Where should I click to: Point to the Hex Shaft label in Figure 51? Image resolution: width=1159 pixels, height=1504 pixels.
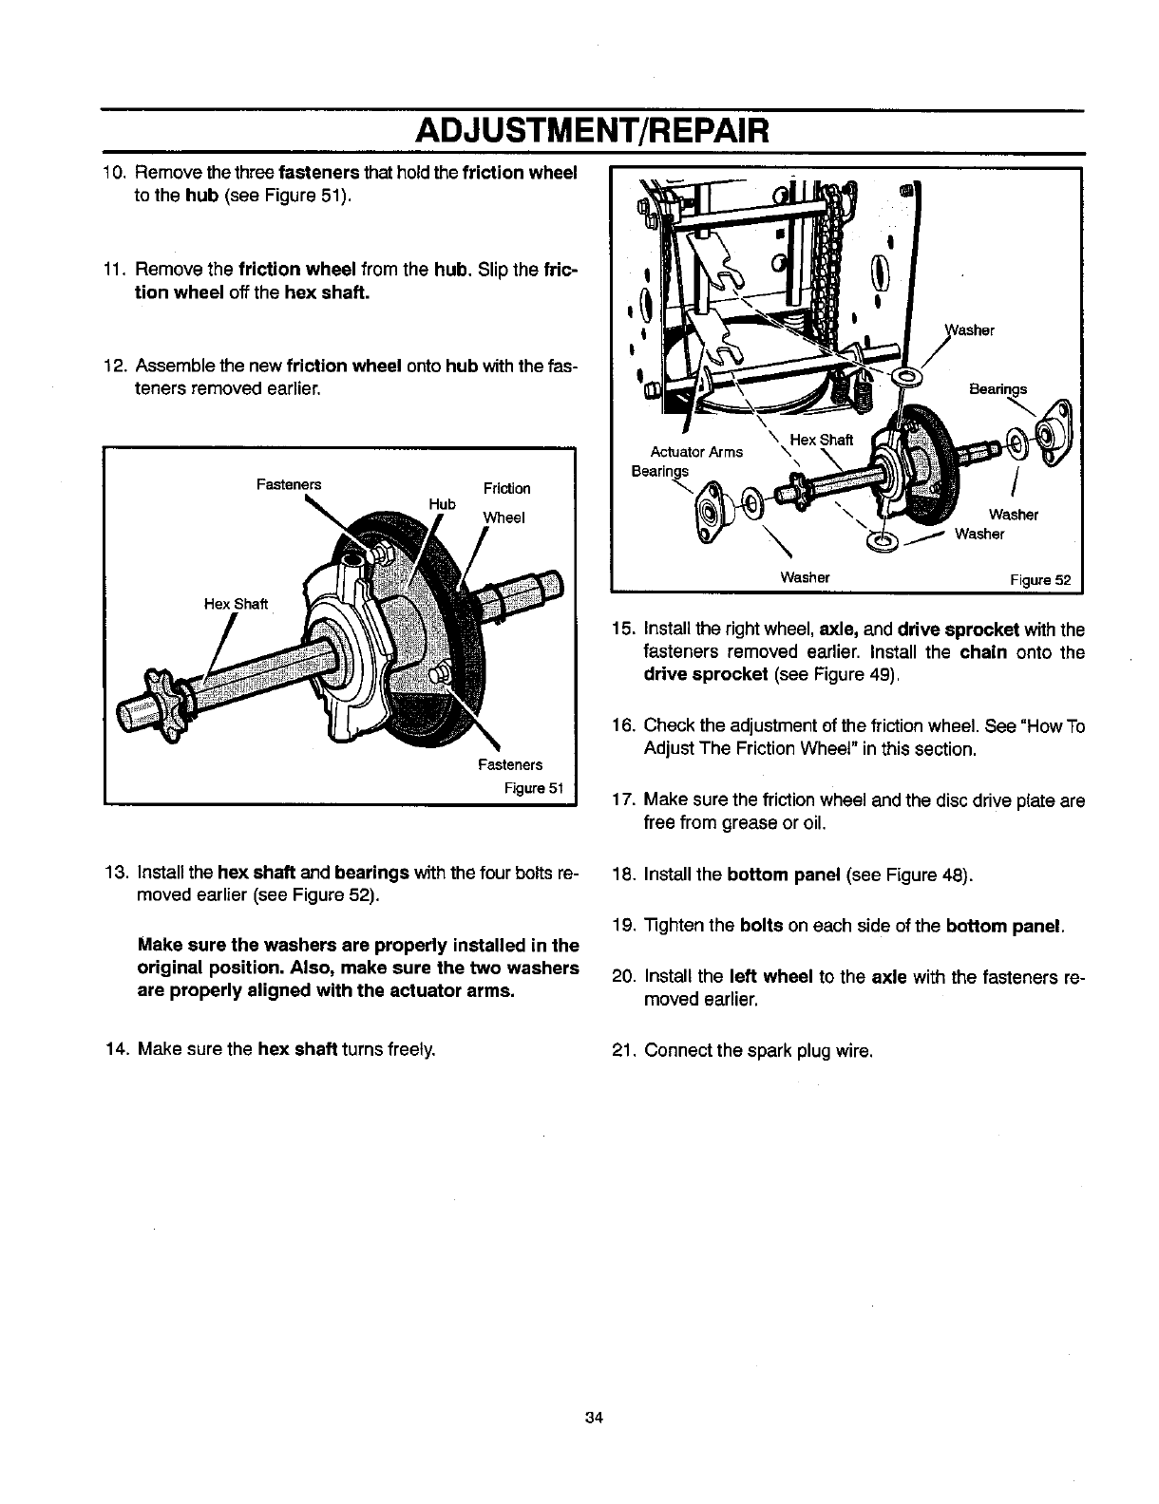coord(237,604)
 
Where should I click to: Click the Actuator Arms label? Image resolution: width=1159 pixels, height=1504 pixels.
coord(696,452)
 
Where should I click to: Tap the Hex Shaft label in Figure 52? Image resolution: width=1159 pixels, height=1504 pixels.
coord(822,439)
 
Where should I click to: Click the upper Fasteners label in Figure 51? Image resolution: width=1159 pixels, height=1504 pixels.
coord(289,484)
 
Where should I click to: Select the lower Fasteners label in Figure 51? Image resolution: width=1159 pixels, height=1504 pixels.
coord(510,764)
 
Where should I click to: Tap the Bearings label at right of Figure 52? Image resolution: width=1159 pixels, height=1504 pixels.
coord(997,389)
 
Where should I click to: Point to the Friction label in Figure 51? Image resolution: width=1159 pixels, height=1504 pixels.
coord(507,488)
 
